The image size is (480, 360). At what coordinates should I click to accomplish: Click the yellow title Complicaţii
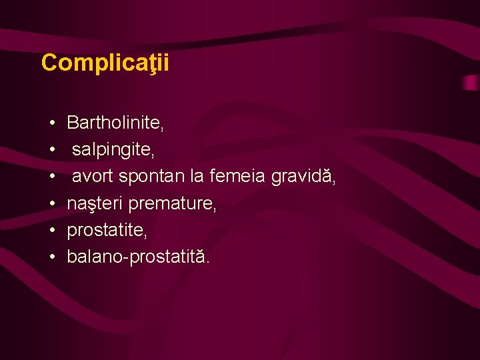pos(105,63)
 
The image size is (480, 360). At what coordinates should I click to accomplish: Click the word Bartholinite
pos(115,123)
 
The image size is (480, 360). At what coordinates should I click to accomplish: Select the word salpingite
pos(113,150)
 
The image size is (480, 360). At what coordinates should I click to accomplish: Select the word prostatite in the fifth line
pos(107,231)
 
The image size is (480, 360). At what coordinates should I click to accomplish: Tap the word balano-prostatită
pos(138,257)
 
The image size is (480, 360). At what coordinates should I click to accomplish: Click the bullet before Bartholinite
pos(51,123)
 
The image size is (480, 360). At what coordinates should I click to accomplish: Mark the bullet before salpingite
pos(51,151)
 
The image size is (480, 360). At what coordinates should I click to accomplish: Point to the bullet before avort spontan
pos(51,177)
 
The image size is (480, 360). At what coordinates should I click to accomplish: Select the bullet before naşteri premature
pos(51,204)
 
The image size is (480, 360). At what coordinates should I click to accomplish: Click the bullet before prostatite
pos(51,231)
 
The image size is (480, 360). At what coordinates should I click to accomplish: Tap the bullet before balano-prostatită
pos(51,257)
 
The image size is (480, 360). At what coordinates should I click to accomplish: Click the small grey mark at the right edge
pos(471,83)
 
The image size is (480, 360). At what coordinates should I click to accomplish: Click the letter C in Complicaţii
pos(49,63)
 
